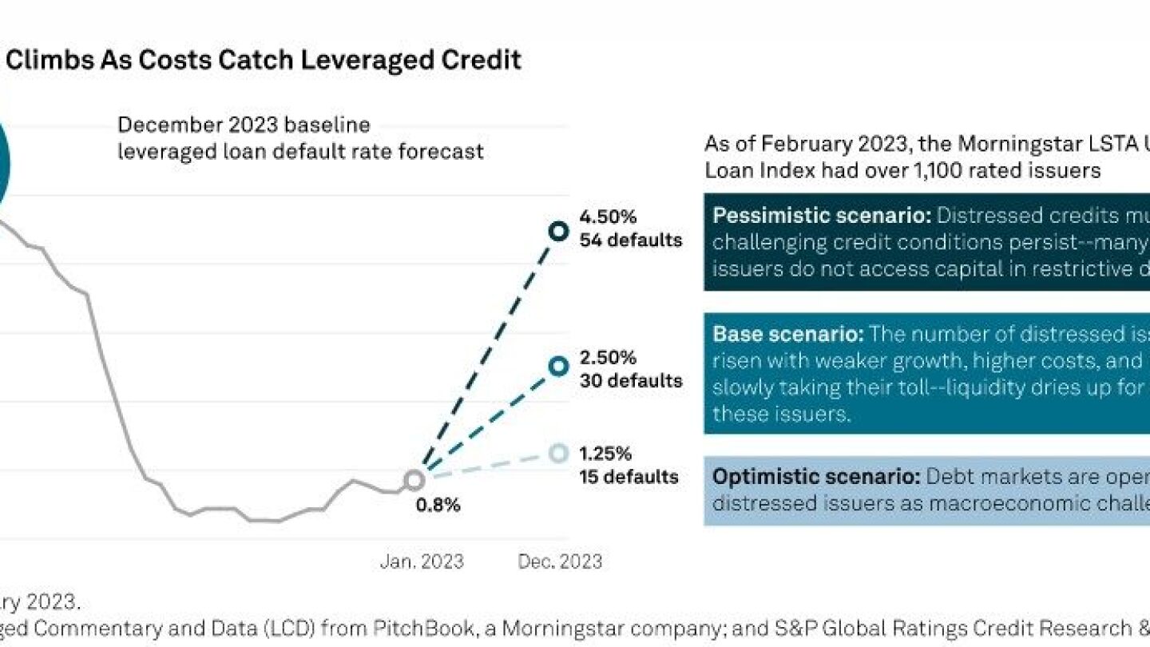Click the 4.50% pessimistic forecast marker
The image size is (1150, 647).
click(558, 232)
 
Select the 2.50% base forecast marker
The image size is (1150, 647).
click(558, 366)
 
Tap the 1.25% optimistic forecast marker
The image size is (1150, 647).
click(558, 453)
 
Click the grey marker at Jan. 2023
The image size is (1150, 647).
click(414, 480)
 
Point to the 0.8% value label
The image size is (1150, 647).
click(438, 506)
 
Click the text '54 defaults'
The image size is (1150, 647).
click(631, 240)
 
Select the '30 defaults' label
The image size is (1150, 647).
click(631, 380)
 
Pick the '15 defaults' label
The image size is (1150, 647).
click(629, 478)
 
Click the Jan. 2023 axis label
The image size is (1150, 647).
click(421, 562)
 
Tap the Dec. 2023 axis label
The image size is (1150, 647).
click(560, 562)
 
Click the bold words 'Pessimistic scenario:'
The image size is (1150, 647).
click(822, 216)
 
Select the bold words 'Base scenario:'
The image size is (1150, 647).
click(787, 334)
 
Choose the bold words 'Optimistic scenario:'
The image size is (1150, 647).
click(816, 477)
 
